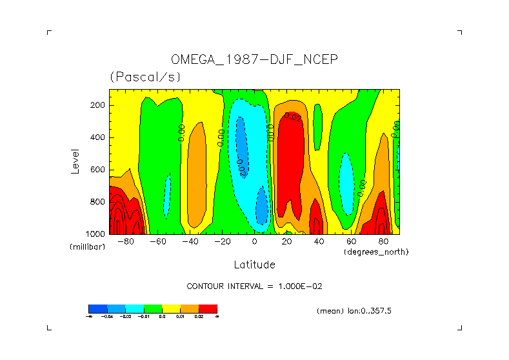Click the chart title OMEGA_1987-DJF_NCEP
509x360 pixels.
tap(254, 59)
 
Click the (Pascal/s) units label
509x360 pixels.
tap(145, 77)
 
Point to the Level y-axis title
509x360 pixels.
tap(75, 161)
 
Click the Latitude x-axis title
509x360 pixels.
tap(254, 265)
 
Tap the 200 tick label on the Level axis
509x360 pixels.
tap(98, 105)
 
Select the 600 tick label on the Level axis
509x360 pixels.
tap(98, 170)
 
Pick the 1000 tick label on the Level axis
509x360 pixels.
tap(96, 234)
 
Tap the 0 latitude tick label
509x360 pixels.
tap(254, 242)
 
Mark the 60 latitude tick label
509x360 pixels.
tap(351, 242)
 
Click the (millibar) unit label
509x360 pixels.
tap(87, 247)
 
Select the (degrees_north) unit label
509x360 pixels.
tap(376, 252)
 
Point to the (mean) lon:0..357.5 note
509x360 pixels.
tap(354, 311)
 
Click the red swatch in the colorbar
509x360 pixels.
tap(208, 308)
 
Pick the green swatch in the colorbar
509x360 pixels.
tap(152, 308)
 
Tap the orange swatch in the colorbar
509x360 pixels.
tap(190, 308)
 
